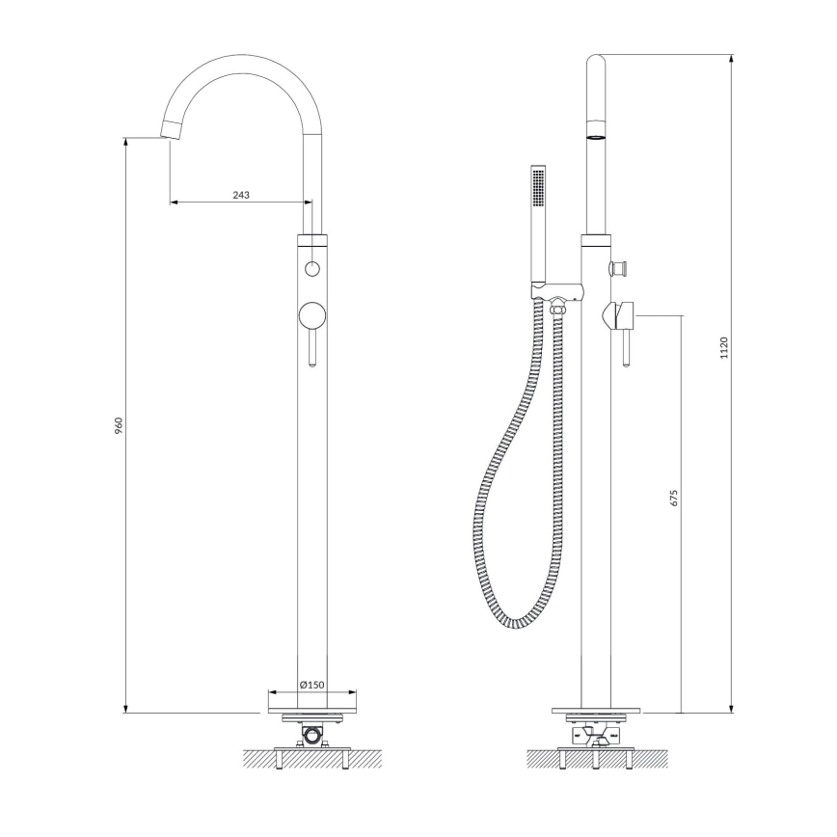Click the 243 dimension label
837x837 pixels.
coord(241,195)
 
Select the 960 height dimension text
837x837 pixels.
coord(119,425)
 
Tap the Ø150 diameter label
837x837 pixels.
coord(311,684)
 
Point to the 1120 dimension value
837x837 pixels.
coord(723,349)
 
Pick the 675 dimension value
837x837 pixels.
coord(675,498)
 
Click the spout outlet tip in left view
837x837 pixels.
coord(170,132)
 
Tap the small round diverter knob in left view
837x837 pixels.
coord(311,268)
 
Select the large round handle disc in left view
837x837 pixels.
coord(311,315)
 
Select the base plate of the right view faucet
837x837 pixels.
coord(598,712)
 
